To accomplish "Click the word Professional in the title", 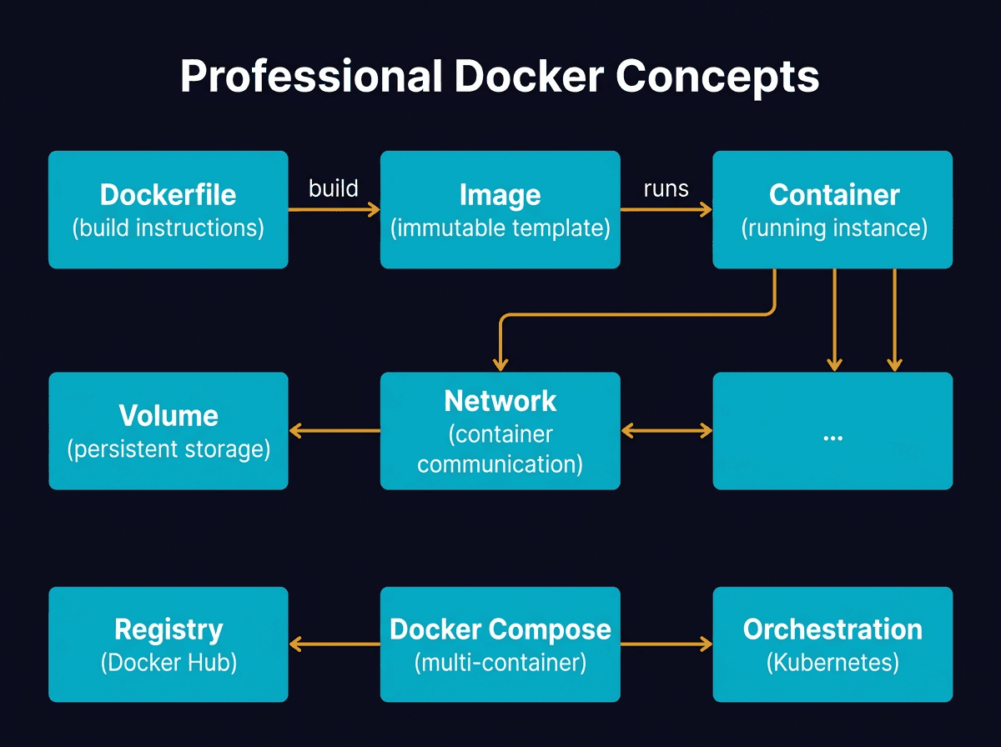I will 310,77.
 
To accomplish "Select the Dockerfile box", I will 168,209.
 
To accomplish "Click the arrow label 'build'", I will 334,188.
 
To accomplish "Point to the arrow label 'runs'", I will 666,188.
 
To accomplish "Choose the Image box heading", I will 500,195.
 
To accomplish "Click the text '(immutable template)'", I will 500,228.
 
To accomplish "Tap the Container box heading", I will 833,195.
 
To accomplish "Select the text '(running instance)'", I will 833,228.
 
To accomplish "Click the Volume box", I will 168,431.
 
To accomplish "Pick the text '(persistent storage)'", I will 168,449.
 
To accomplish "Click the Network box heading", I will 500,401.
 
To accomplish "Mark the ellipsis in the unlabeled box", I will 832,437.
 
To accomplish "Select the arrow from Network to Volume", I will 335,431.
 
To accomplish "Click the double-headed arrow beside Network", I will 666,431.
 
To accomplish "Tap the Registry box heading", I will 168,629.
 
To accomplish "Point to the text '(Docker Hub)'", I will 168,663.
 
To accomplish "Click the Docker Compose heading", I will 500,629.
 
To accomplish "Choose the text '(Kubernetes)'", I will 832,663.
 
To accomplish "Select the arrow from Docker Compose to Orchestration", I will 666,644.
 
